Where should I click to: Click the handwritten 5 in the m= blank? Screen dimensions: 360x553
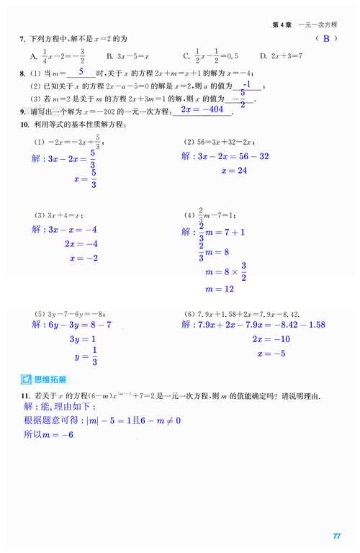click(x=82, y=72)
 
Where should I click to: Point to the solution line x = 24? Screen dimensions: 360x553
click(x=234, y=171)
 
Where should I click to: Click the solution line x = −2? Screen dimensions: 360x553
click(x=81, y=258)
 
